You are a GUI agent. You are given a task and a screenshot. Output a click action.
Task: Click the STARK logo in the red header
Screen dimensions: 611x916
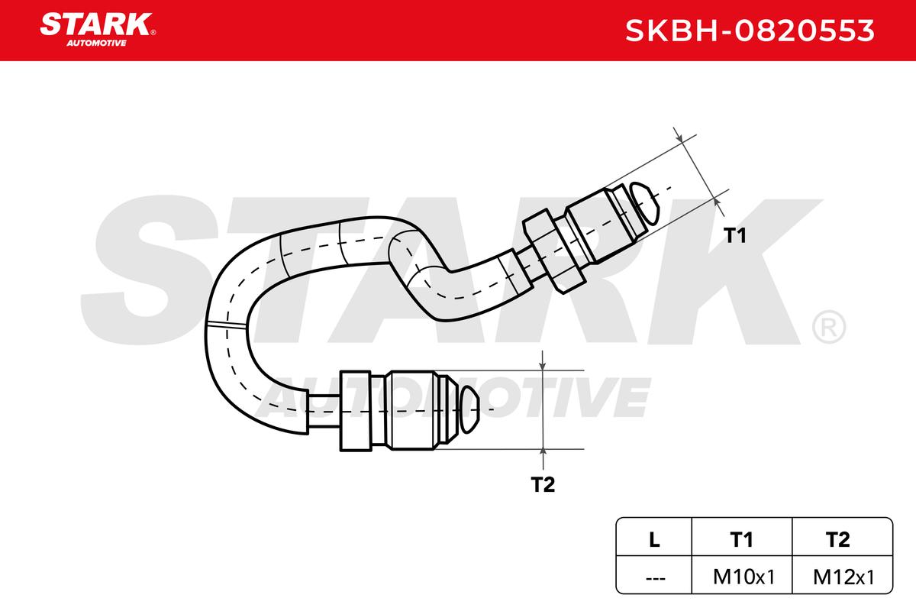(x=97, y=24)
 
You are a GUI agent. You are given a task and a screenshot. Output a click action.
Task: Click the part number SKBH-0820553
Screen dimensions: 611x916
(x=750, y=31)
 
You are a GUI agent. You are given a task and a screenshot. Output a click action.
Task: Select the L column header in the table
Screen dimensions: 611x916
(x=653, y=540)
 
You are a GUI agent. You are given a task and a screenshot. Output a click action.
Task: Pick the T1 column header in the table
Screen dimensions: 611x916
(x=741, y=540)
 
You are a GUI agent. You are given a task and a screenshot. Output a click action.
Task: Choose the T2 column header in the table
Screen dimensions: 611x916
(x=837, y=540)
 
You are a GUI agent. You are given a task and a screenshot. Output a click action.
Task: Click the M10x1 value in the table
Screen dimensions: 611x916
(x=741, y=577)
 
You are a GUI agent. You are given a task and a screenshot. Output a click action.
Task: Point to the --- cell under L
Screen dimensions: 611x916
(x=653, y=577)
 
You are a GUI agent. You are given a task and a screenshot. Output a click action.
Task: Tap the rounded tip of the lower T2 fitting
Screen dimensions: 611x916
(x=469, y=409)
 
